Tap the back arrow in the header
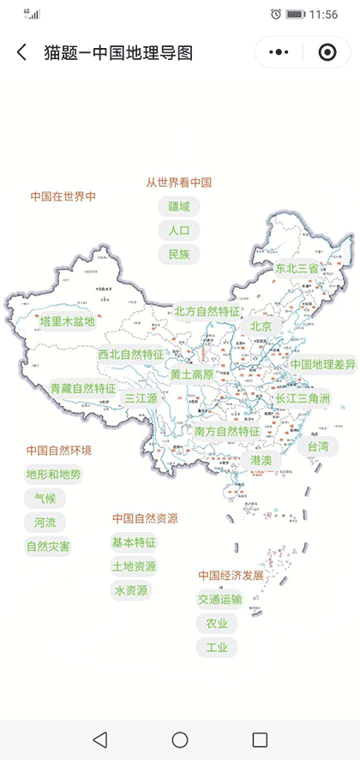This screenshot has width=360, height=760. tap(22, 53)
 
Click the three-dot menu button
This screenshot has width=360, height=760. tap(279, 52)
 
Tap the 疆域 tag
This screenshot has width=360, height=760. tap(178, 206)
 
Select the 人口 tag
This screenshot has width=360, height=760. tap(178, 230)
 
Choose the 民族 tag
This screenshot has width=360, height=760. tap(178, 254)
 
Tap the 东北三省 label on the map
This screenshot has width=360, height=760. tap(297, 268)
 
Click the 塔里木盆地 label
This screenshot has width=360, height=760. tap(68, 321)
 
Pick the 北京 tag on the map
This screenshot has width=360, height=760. tap(261, 326)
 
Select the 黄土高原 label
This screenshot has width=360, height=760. tap(191, 374)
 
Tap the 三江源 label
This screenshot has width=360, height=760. tap(141, 398)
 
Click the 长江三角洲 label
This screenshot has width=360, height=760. tap(302, 398)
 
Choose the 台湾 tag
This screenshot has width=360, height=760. tap(318, 446)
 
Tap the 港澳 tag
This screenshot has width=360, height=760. tap(261, 460)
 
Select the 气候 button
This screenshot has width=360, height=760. tap(45, 498)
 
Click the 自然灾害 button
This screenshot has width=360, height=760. tap(49, 546)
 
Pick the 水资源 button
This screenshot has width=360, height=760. tap(130, 590)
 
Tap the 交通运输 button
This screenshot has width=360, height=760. tap(219, 599)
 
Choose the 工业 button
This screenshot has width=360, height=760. tap(217, 647)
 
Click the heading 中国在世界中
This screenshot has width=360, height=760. tap(63, 196)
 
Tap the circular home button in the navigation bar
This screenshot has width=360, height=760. tap(180, 739)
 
